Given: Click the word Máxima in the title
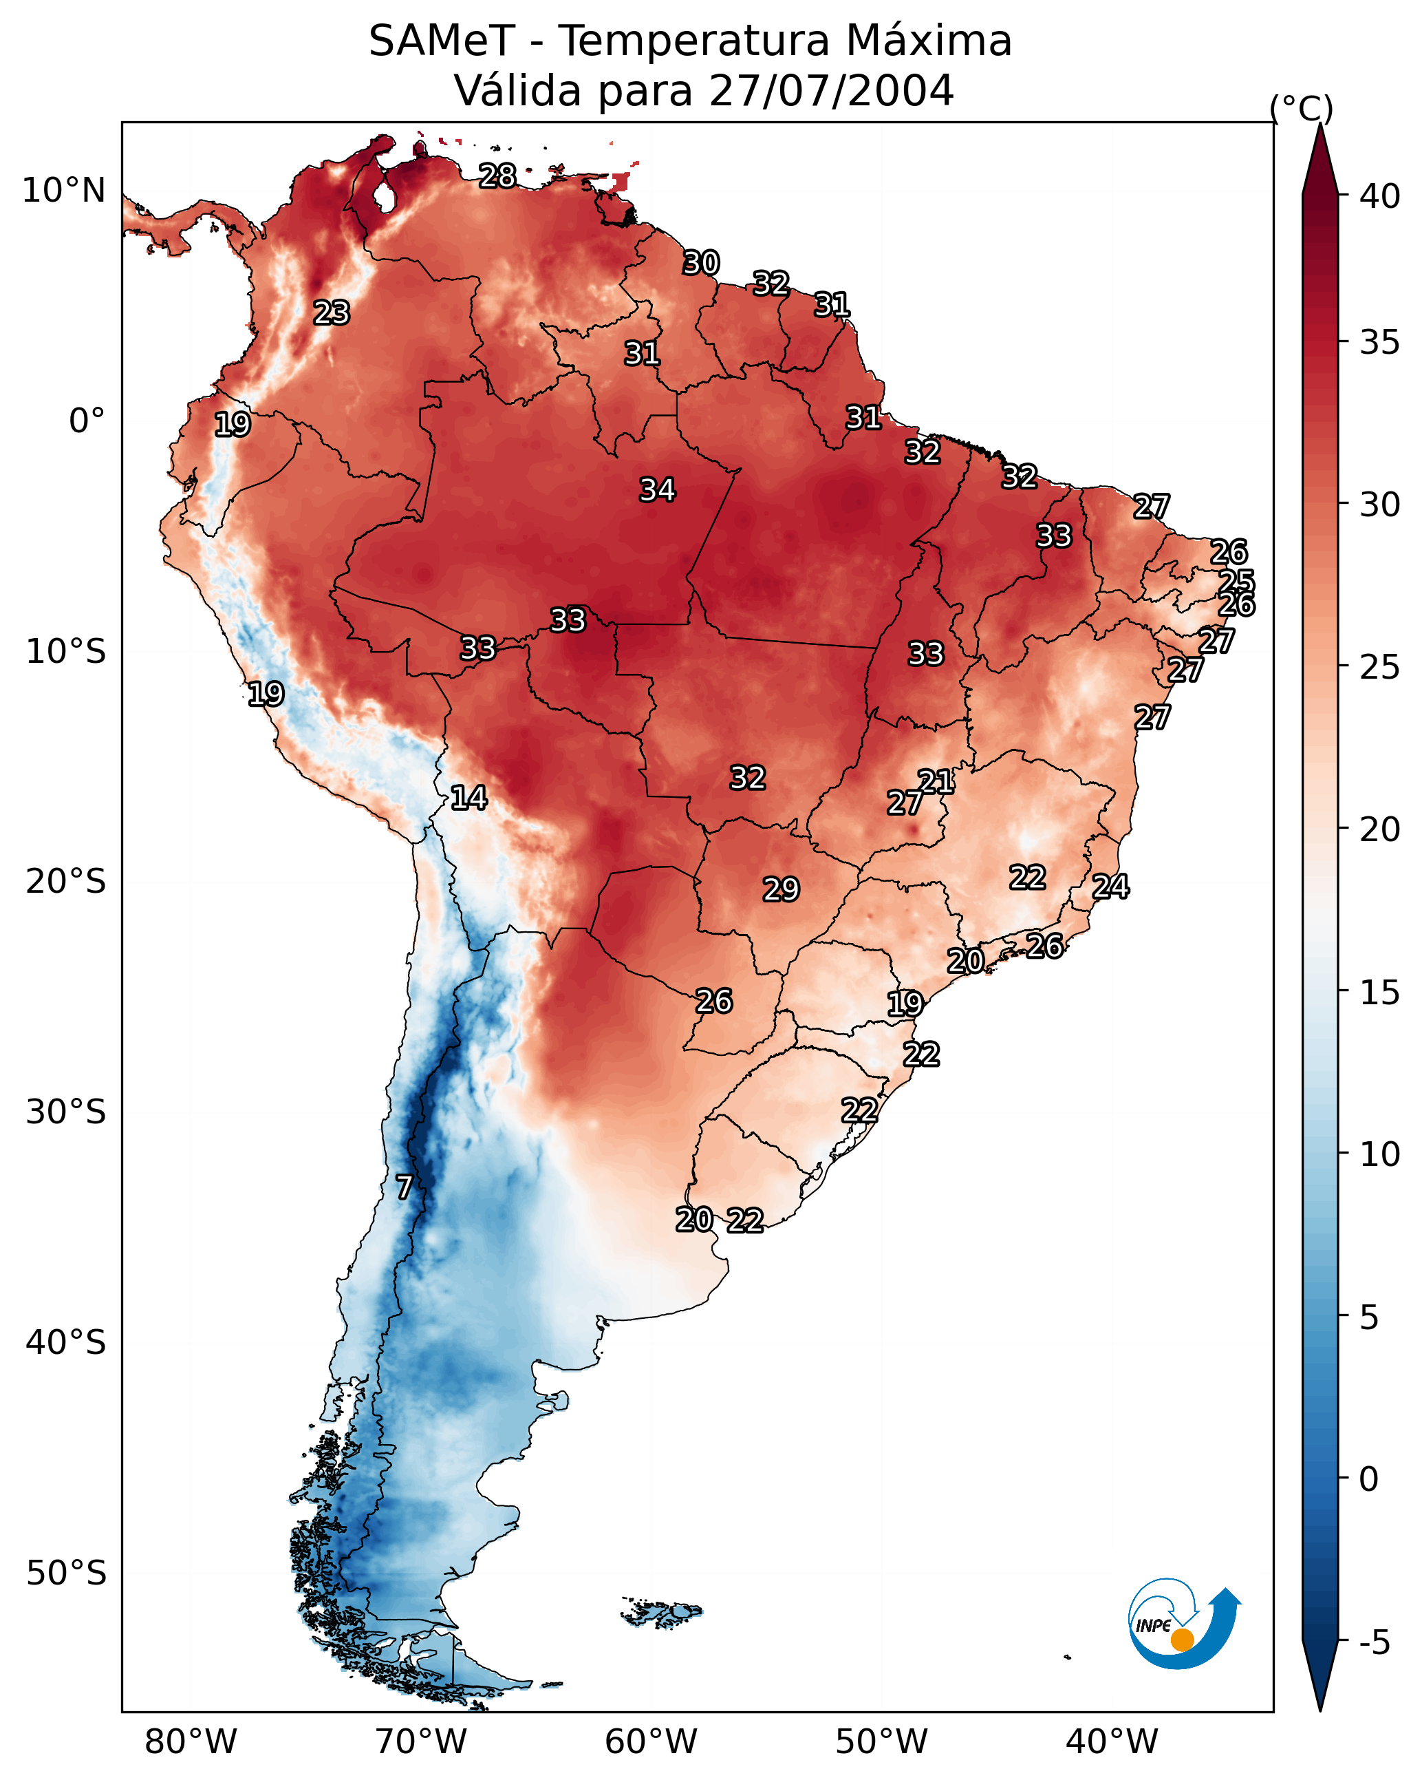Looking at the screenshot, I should pyautogui.click(x=927, y=41).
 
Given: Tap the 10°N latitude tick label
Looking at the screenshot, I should pyautogui.click(x=63, y=191).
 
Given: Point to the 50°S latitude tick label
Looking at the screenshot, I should pyautogui.click(x=66, y=1574).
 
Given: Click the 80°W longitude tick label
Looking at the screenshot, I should pyautogui.click(x=191, y=1741).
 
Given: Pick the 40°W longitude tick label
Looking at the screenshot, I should pyautogui.click(x=1112, y=1741).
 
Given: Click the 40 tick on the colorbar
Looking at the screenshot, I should pyautogui.click(x=1380, y=196).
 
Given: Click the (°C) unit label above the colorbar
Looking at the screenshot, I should pyautogui.click(x=1302, y=109).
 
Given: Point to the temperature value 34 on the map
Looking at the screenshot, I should pyautogui.click(x=658, y=489).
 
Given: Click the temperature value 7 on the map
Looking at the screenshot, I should pyautogui.click(x=404, y=1187).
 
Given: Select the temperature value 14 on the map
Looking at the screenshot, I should pyautogui.click(x=468, y=798).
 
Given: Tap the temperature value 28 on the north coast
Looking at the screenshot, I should pyautogui.click(x=497, y=176).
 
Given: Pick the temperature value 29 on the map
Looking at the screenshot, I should pyautogui.click(x=781, y=889).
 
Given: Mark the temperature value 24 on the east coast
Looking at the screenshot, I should pyautogui.click(x=1111, y=886).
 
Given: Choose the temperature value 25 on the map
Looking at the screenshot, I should pyautogui.click(x=1236, y=580).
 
